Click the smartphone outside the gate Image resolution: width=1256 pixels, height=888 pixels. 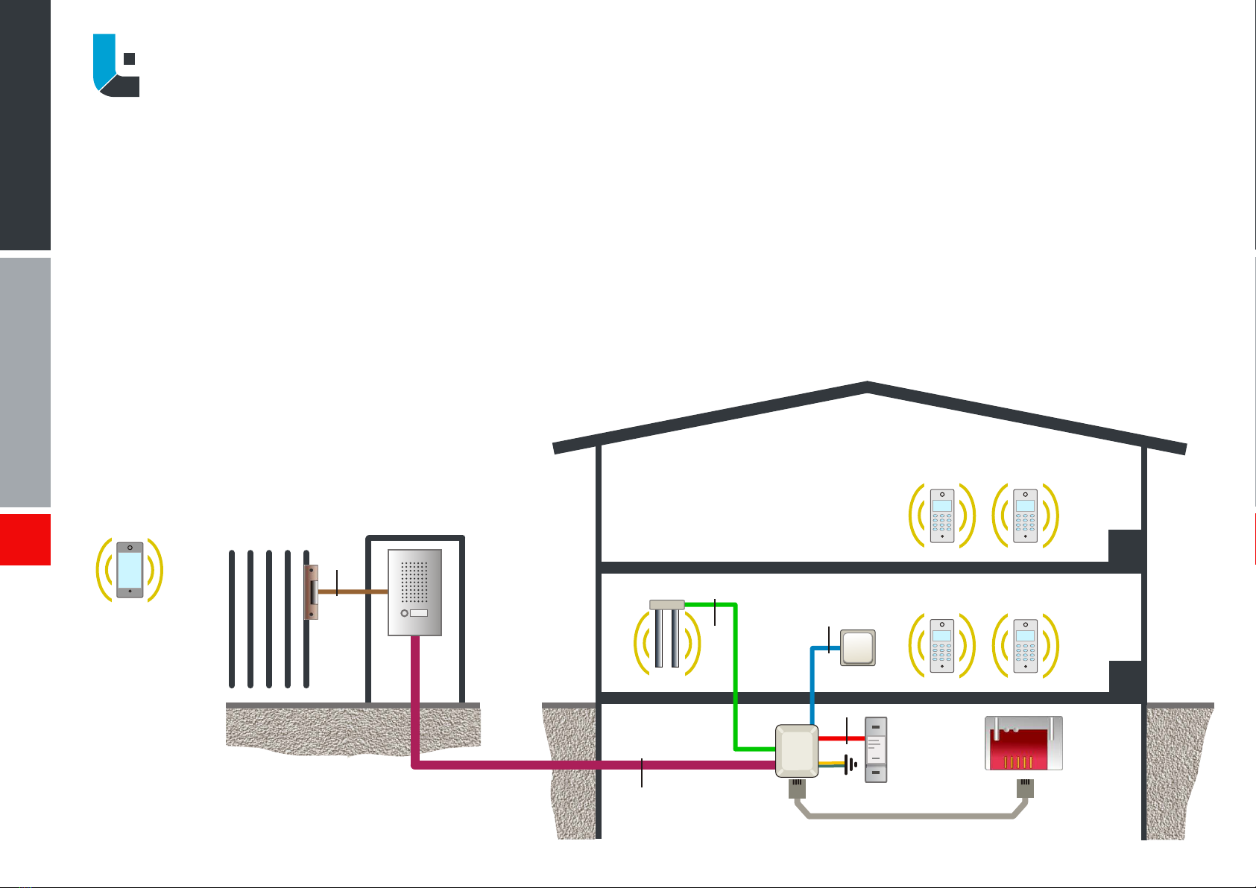pos(130,570)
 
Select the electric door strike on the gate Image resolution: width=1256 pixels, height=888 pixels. pos(312,592)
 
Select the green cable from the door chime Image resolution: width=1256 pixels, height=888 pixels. pos(735,670)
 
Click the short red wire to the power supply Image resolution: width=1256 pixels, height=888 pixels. pos(841,738)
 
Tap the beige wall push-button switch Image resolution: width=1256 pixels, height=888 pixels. pos(858,647)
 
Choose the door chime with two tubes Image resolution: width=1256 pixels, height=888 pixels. pos(667,633)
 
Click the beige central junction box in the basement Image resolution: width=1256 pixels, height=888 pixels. pos(797,750)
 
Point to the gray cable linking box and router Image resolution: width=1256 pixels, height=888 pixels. pos(909,816)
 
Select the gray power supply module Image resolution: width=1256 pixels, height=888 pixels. pos(876,749)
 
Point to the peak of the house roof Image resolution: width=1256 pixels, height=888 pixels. pos(868,386)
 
